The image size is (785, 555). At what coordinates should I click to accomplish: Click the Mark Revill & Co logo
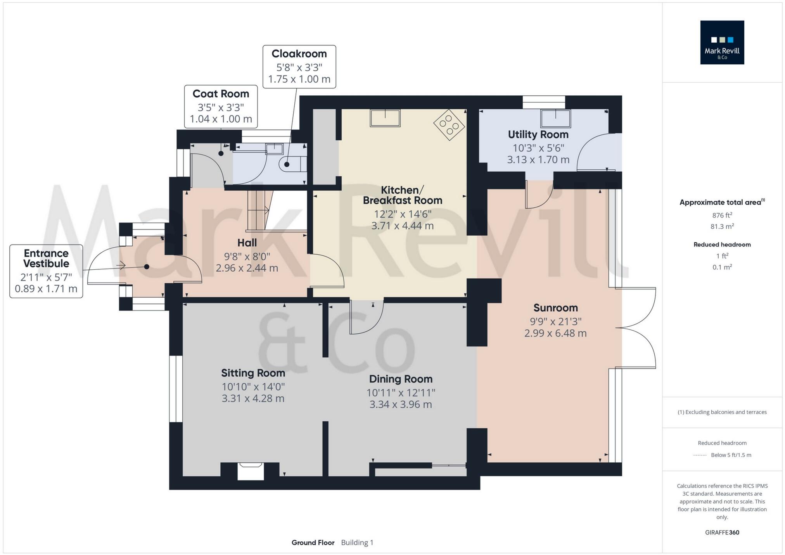tap(722, 42)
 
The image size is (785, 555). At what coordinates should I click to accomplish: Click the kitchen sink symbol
tap(385, 118)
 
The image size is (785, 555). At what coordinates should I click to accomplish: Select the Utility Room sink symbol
tap(556, 118)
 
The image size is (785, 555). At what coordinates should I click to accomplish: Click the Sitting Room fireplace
tap(251, 471)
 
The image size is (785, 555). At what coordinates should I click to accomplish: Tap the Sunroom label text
tap(555, 308)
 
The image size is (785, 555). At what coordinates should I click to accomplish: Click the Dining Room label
tap(401, 379)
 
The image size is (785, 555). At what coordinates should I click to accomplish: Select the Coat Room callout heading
tap(221, 94)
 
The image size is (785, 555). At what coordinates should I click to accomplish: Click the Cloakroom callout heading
tap(299, 53)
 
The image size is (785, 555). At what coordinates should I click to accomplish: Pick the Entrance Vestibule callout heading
tap(46, 258)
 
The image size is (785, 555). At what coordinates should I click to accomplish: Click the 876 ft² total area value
tap(722, 215)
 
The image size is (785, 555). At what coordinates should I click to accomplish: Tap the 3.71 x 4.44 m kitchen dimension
tap(402, 226)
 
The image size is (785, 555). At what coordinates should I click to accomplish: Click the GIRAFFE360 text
tap(722, 532)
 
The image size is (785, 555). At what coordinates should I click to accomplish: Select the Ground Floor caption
tap(313, 542)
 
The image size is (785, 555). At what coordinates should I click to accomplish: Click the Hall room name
tap(247, 243)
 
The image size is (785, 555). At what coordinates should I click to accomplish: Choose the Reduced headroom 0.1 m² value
tap(722, 267)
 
